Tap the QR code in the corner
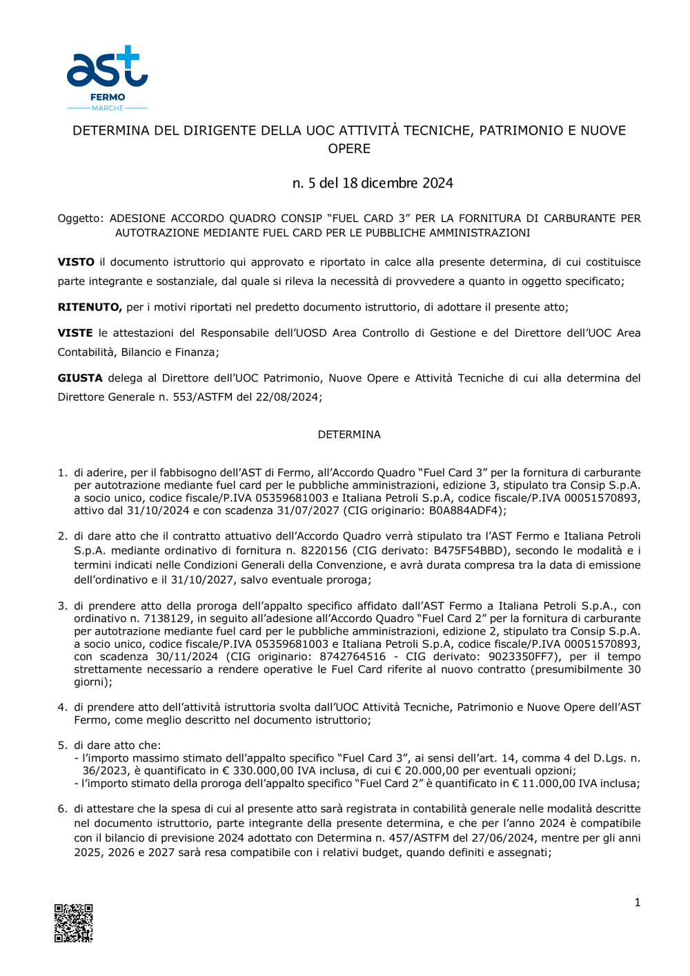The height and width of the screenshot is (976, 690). click(74, 923)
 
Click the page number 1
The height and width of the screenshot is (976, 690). click(637, 902)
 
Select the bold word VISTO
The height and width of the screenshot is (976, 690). click(76, 262)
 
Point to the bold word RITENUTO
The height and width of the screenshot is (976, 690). click(90, 307)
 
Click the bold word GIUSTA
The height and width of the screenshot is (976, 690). click(80, 378)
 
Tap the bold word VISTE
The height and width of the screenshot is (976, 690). click(75, 333)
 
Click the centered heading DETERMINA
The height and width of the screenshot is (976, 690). click(349, 435)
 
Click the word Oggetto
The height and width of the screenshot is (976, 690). click(79, 219)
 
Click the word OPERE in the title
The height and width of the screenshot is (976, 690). click(349, 149)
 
